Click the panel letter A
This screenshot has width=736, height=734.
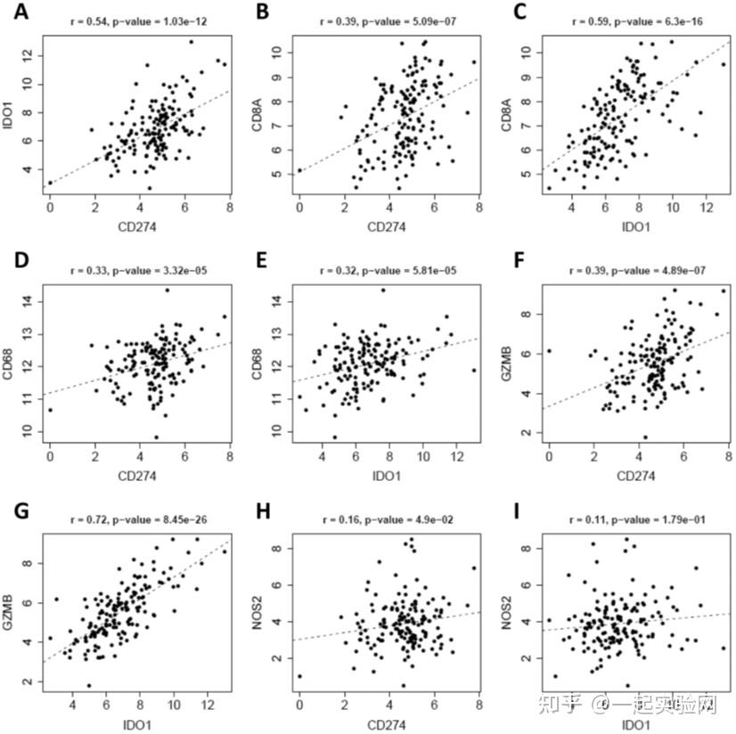[x=20, y=12]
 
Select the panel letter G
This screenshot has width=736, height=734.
[x=21, y=510]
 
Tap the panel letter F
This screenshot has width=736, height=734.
[x=519, y=260]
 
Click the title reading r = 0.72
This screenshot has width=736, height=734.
[x=138, y=519]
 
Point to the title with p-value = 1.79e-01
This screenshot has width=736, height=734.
[x=637, y=519]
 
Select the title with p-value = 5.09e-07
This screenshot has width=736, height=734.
[x=388, y=21]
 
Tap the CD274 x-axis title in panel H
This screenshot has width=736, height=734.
[x=387, y=724]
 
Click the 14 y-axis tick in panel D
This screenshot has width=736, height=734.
[x=28, y=301]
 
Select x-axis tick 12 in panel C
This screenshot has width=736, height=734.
[x=707, y=207]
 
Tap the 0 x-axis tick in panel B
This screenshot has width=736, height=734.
[x=299, y=207]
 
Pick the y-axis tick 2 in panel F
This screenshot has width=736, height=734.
[x=527, y=432]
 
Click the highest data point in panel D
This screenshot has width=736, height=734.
[x=168, y=290]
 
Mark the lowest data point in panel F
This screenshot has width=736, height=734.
[x=645, y=437]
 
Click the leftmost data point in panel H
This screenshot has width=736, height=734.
[x=300, y=676]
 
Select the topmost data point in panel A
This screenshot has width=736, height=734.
[x=191, y=42]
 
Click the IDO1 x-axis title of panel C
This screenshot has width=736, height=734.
[x=636, y=227]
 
